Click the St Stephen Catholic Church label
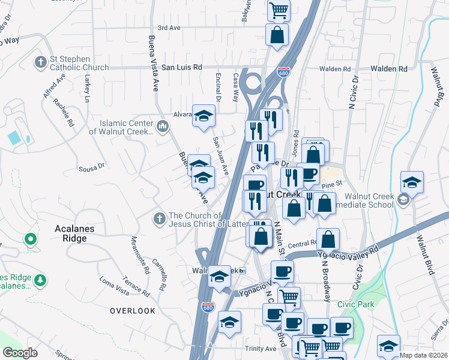[x=79, y=63]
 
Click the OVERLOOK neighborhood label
[x=132, y=311]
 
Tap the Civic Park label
[x=355, y=305]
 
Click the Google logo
[x=20, y=353]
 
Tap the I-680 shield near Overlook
[x=208, y=307]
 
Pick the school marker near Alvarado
[x=204, y=115]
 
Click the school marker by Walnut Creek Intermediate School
[x=412, y=182]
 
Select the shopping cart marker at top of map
[x=279, y=9]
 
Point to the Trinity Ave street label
[x=260, y=349]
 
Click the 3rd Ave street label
[x=169, y=28]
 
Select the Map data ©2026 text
[x=424, y=355]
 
